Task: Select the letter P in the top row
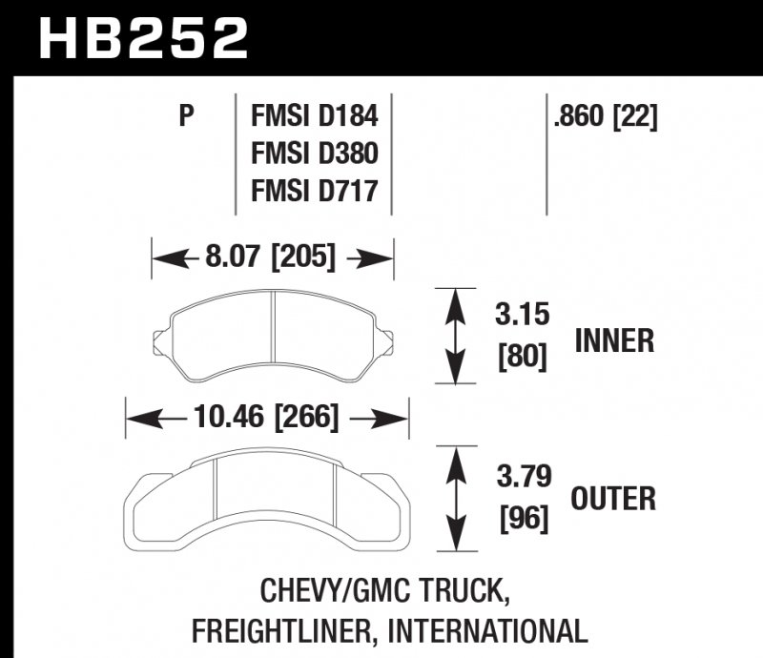point(186,117)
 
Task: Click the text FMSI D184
point(314,117)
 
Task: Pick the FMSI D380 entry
point(314,154)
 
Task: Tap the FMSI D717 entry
point(314,191)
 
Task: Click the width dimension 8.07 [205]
point(270,257)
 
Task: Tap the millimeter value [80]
point(522,357)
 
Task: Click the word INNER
point(613,340)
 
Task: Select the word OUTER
point(613,498)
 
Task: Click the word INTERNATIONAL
point(490,630)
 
